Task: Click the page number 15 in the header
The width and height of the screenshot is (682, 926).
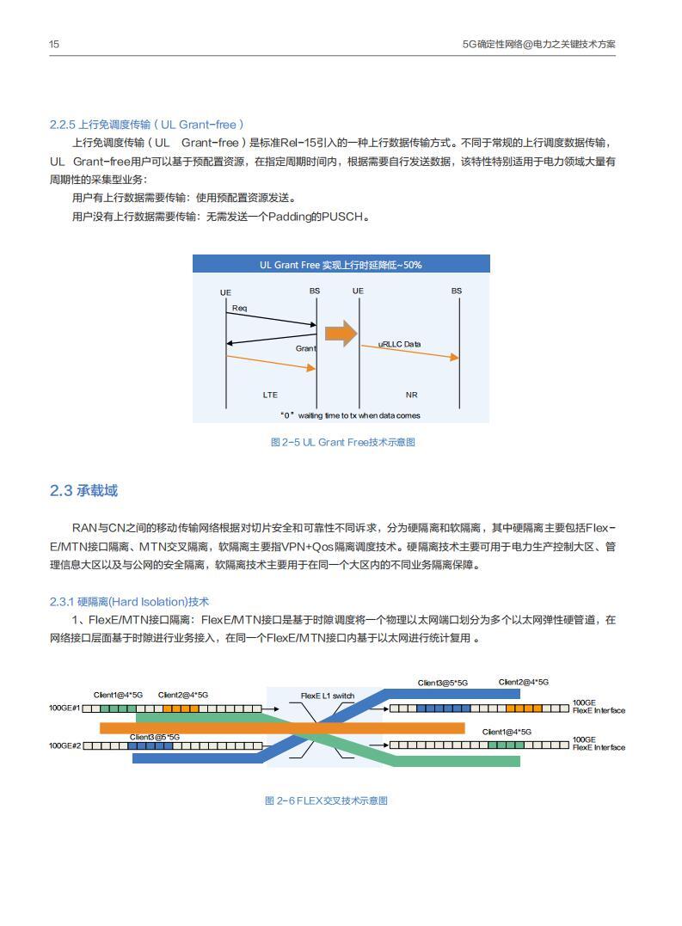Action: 53,44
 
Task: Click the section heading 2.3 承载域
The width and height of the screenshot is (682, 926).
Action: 83,490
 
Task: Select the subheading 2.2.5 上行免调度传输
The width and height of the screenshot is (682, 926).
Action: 147,125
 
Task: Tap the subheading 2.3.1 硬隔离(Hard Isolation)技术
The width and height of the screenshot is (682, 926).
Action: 129,602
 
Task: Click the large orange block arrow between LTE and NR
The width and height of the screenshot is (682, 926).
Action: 341,334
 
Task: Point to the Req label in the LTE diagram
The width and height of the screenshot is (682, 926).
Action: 240,308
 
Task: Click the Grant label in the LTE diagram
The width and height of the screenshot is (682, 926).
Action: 305,348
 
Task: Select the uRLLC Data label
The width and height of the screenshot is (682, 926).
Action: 400,344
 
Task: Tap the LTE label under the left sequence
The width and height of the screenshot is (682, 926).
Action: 270,396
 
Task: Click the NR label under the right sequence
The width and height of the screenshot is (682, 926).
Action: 411,396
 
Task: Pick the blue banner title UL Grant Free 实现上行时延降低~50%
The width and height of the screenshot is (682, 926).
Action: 341,265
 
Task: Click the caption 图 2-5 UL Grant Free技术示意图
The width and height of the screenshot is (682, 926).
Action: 343,442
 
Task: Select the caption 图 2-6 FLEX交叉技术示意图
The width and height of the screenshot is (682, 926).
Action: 326,800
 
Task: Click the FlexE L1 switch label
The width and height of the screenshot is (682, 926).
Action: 327,696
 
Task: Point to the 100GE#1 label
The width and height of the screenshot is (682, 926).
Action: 65,708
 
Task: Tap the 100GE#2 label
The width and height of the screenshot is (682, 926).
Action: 65,745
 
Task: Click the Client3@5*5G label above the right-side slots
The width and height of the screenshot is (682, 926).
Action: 443,683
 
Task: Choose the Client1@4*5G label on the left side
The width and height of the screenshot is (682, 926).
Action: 119,695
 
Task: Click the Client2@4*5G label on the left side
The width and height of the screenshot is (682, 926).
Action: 183,695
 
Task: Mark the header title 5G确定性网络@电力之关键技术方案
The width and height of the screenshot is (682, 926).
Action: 538,44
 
